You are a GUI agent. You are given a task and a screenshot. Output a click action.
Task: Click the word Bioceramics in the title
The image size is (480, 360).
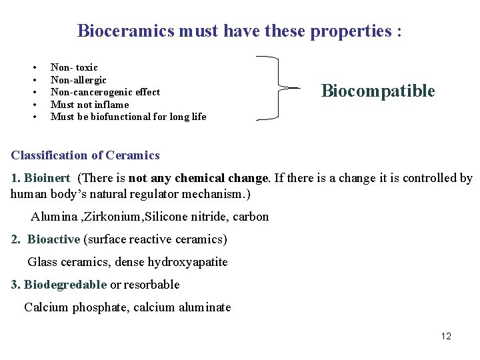pos(126,31)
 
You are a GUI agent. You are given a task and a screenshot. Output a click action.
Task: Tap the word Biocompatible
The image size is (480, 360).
pos(378,91)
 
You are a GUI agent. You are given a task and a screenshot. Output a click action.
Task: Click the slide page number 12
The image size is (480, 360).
pos(446,336)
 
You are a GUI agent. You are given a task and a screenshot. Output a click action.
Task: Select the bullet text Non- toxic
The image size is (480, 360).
pos(74,67)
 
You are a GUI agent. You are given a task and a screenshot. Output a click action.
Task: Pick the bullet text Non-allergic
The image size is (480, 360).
pos(79,80)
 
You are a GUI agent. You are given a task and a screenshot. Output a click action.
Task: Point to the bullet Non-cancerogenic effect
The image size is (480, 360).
pos(105,92)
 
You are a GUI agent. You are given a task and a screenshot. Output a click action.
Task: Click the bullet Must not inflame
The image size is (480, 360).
pos(89,105)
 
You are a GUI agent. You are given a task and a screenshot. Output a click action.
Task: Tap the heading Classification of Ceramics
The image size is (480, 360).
pos(85,155)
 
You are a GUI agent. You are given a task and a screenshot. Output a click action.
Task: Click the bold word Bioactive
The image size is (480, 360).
pos(53,239)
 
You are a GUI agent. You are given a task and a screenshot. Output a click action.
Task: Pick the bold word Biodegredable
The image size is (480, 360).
pos(65,285)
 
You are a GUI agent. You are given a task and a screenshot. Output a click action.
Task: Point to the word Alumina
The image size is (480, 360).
pos(50,216)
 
